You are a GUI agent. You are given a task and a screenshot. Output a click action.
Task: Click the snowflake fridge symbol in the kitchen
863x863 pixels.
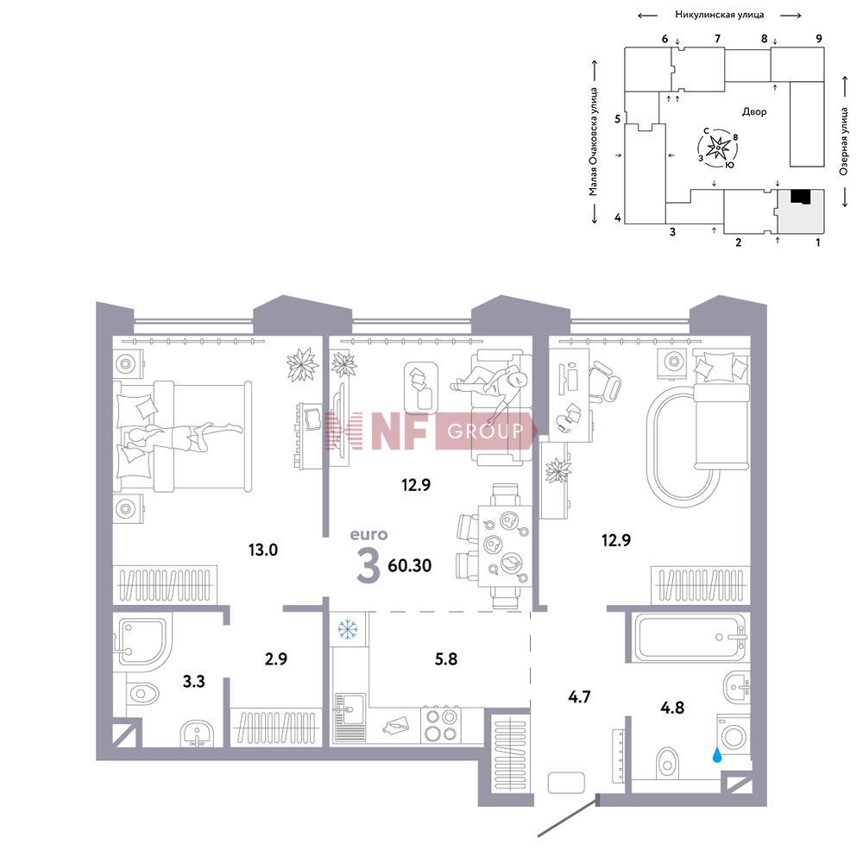(347, 630)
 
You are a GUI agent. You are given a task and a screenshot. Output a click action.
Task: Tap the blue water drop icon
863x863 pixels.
(716, 755)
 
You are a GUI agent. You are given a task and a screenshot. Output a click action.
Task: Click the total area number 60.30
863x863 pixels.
(410, 565)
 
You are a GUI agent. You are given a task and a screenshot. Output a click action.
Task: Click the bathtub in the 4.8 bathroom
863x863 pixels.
(688, 637)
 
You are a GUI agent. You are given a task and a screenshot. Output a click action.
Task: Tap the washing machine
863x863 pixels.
(734, 736)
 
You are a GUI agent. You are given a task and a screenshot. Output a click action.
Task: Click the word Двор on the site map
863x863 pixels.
(754, 111)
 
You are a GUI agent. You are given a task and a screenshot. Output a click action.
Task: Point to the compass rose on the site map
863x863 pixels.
(717, 149)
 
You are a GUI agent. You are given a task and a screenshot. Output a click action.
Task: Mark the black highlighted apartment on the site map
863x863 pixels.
(801, 197)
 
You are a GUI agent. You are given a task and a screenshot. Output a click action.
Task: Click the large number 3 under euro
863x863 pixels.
(368, 566)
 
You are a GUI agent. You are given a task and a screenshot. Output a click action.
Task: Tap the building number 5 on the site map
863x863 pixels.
(618, 118)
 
